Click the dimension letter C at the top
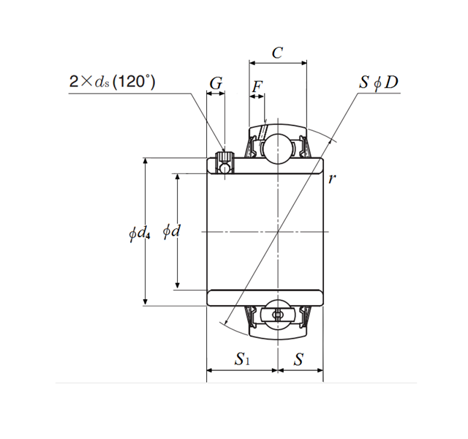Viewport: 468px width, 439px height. pos(277,53)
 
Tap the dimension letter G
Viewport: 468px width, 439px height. pos(216,84)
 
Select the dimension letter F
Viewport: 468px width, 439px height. pos(257,89)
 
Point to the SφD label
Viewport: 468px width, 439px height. pos(379,82)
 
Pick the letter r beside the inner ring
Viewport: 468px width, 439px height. pos(333,178)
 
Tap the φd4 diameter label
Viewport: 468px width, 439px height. pos(139,233)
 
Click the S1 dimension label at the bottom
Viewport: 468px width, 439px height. pos(242,359)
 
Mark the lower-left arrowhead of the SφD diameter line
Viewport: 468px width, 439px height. pos(228,323)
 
